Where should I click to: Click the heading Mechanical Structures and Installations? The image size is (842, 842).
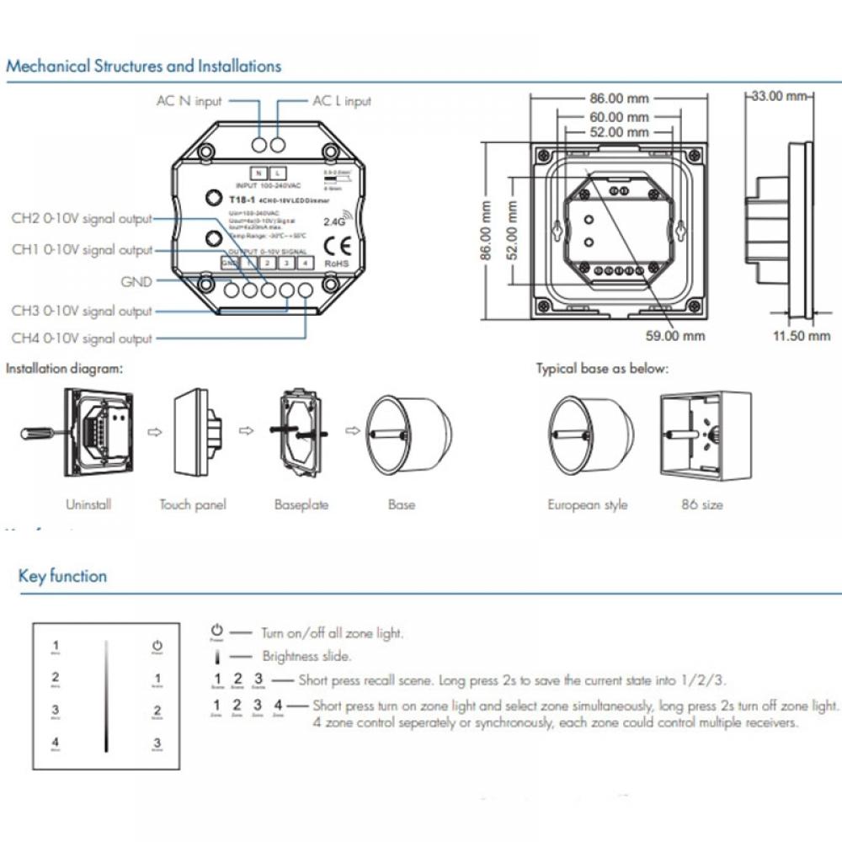coord(144,66)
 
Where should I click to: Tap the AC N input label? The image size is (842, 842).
coord(189,101)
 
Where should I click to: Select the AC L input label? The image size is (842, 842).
coord(341,101)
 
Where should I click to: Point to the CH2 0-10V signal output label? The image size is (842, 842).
coord(82,220)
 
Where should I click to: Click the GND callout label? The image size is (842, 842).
coord(136,282)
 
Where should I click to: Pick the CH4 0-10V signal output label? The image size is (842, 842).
coord(82,338)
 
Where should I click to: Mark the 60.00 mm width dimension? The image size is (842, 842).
coord(619,117)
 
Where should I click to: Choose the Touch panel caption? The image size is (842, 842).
coord(193,505)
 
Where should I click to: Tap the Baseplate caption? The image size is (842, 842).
coord(301,505)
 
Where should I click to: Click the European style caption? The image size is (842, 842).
coord(588,505)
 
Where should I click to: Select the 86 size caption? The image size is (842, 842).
coord(702,505)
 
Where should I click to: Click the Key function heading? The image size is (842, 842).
coord(62,577)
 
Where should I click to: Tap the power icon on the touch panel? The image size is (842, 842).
coord(157,647)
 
